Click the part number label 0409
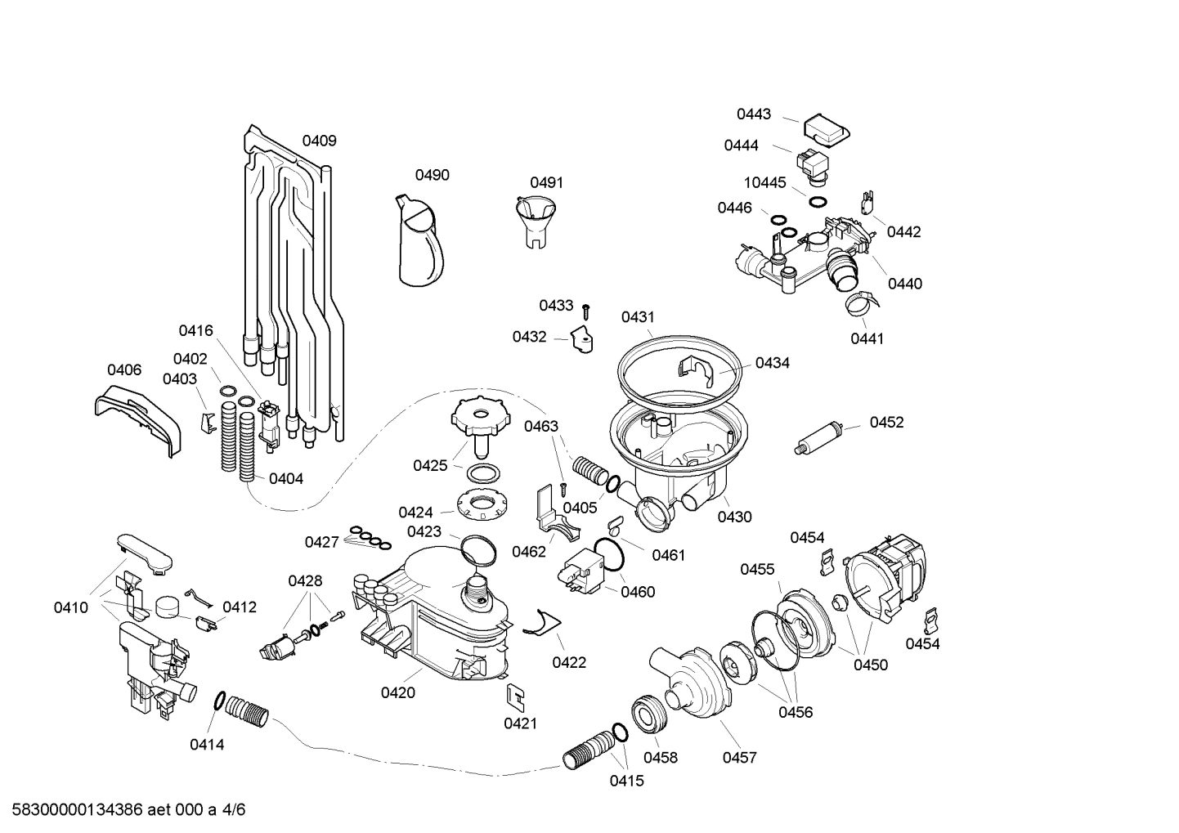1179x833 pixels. [319, 141]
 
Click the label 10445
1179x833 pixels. [764, 183]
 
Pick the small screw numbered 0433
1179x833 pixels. [586, 311]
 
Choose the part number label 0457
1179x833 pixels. [739, 758]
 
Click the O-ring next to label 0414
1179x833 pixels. [219, 701]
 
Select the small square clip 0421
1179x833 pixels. [515, 696]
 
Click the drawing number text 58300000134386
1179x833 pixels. [73, 810]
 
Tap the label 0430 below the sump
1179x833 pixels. [734, 517]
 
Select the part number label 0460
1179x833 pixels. [638, 592]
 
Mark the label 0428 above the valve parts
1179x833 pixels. [305, 581]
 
